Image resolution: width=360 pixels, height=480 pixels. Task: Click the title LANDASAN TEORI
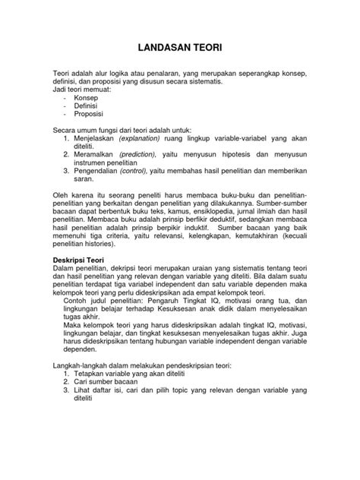coord(180,46)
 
